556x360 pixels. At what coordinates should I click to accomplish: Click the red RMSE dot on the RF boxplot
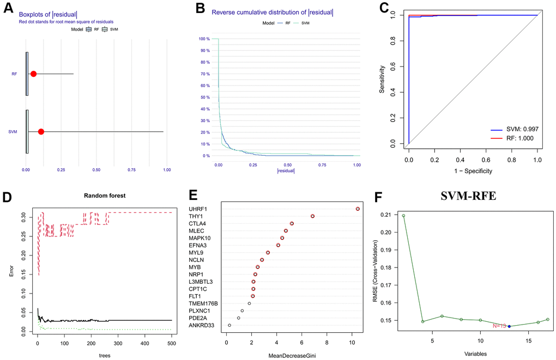point(33,74)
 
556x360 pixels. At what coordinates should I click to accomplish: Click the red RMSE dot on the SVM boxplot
point(41,132)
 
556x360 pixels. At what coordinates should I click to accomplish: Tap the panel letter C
point(384,9)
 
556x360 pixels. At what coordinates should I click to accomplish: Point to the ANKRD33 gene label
point(202,325)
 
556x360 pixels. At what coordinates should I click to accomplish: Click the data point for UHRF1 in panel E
point(358,209)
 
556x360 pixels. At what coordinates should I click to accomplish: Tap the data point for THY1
point(313,216)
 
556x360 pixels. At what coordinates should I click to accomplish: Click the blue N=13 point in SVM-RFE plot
point(509,326)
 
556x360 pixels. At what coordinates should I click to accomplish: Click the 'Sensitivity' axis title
point(383,80)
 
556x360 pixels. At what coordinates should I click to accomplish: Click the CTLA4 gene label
point(197,224)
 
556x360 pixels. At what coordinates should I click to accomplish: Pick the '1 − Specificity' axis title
point(473,171)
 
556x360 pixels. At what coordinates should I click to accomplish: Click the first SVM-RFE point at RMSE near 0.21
point(403,216)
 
